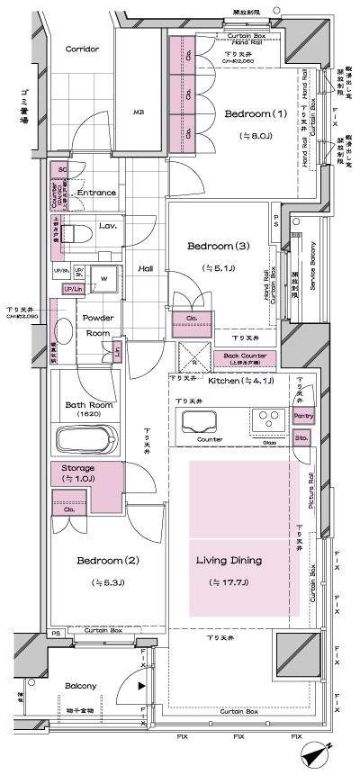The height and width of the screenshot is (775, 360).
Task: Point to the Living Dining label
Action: coord(229,560)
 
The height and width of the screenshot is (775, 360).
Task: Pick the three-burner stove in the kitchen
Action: coord(269,419)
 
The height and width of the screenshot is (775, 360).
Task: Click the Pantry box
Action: coord(303,417)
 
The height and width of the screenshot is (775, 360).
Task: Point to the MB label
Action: coord(139,113)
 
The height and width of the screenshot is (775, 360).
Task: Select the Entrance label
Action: coord(96,193)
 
